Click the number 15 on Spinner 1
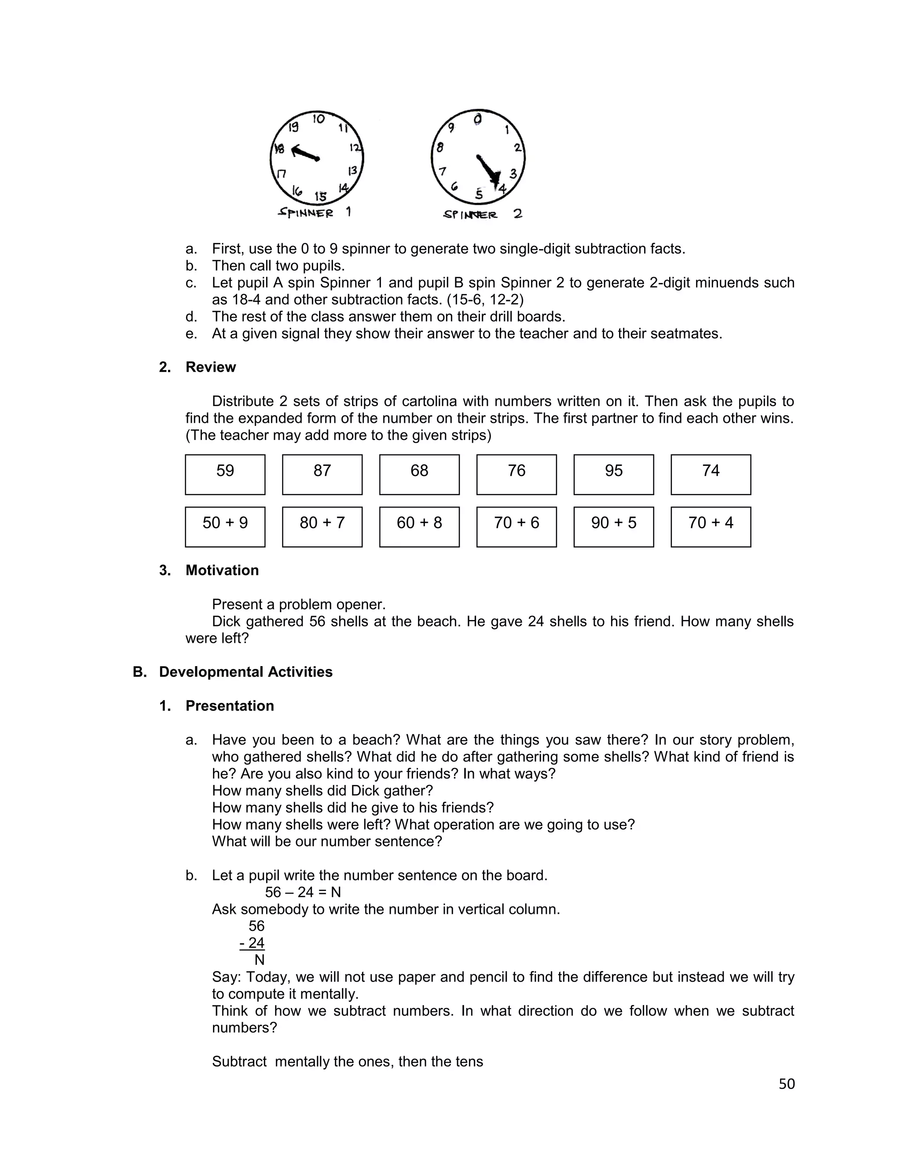point(320,197)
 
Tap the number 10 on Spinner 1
point(319,119)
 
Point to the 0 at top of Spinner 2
point(478,118)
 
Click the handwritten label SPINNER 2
point(482,215)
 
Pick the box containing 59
point(225,474)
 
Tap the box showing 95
point(613,474)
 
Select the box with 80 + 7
point(322,526)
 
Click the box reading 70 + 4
point(711,526)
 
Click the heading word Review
point(210,367)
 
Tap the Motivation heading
point(222,570)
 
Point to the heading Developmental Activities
point(245,671)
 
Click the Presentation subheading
point(230,706)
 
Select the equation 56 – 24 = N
point(303,892)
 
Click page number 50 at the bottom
point(786,1084)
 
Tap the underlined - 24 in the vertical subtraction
point(253,943)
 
